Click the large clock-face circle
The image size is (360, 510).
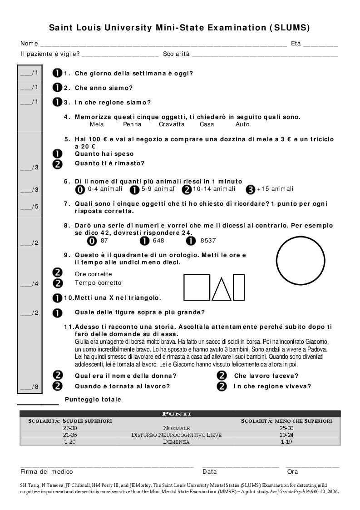tap(301, 262)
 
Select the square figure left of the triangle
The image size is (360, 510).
tap(197, 287)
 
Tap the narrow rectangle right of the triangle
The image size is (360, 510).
tap(239, 287)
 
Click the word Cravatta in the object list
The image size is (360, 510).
tap(172, 124)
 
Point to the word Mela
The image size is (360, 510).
tap(97, 124)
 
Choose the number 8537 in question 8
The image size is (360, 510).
tap(208, 241)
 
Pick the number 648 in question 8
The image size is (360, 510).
tap(158, 241)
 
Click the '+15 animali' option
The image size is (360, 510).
tap(275, 189)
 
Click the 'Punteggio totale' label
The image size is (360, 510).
tap(93, 400)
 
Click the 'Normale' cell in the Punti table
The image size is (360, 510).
tap(176, 428)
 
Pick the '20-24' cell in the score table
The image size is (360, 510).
tap(287, 435)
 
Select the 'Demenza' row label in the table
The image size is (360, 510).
tap(176, 441)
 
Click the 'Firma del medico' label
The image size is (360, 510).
tap(47, 472)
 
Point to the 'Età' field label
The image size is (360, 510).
tap(296, 44)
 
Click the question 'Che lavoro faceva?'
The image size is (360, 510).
tap(266, 376)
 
